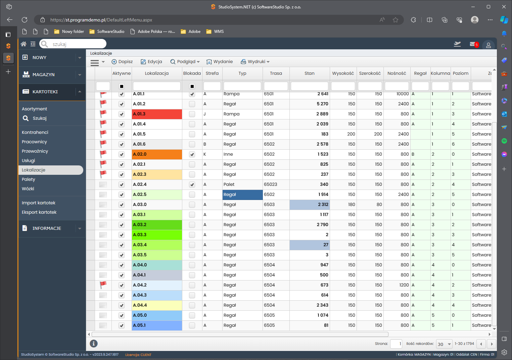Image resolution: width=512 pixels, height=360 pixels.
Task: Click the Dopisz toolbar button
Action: (122, 62)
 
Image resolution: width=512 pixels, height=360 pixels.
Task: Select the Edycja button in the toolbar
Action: (151, 62)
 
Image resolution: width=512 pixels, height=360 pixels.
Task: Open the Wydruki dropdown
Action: (255, 62)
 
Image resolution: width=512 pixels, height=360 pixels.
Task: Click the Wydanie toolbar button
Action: (220, 62)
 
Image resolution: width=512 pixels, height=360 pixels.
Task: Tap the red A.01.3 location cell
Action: (157, 114)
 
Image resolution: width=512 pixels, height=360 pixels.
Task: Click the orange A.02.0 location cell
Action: (157, 154)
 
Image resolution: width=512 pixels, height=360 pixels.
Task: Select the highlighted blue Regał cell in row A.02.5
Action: (242, 195)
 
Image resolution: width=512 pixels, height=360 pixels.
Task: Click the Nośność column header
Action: (397, 73)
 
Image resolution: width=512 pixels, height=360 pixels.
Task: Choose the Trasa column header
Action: (276, 73)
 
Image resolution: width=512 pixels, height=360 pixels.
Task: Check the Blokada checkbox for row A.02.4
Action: (192, 185)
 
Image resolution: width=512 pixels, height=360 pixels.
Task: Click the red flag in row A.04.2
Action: (103, 285)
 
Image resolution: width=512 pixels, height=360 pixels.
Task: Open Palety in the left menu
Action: (28, 179)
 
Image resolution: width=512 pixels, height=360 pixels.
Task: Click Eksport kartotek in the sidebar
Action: (39, 212)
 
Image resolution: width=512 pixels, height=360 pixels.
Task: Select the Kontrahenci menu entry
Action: (35, 132)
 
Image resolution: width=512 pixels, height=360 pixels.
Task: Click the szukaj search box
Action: (73, 44)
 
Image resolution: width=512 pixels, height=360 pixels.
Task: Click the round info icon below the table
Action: (93, 344)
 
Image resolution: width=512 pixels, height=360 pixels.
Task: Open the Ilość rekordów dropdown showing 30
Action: (444, 344)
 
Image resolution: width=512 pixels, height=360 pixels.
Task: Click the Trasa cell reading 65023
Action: (270, 185)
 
